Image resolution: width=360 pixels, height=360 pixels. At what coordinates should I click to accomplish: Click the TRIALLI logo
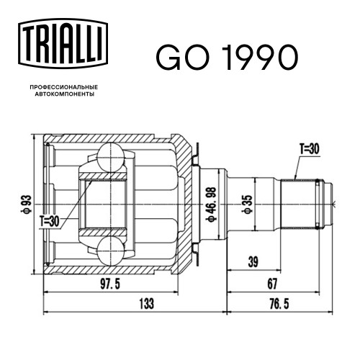click(x=63, y=44)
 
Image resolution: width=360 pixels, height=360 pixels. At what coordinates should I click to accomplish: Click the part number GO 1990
click(x=227, y=58)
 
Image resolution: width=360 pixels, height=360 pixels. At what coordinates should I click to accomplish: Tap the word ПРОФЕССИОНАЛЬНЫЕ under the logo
click(x=64, y=87)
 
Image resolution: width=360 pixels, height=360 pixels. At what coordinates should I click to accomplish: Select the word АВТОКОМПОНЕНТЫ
click(x=65, y=94)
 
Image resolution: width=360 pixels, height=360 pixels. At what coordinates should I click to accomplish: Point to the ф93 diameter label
click(x=26, y=204)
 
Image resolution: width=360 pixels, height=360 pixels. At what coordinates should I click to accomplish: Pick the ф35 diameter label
click(x=248, y=204)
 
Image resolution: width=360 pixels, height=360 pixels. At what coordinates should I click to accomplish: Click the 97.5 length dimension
click(x=110, y=284)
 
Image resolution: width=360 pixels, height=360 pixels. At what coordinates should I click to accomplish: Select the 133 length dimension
click(x=147, y=303)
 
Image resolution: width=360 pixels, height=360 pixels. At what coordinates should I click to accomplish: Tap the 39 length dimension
click(x=253, y=262)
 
